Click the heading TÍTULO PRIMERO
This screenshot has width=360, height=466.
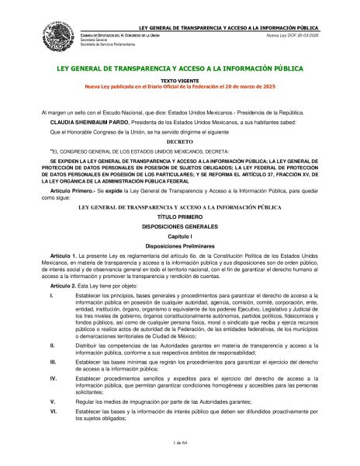click(x=179, y=217)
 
